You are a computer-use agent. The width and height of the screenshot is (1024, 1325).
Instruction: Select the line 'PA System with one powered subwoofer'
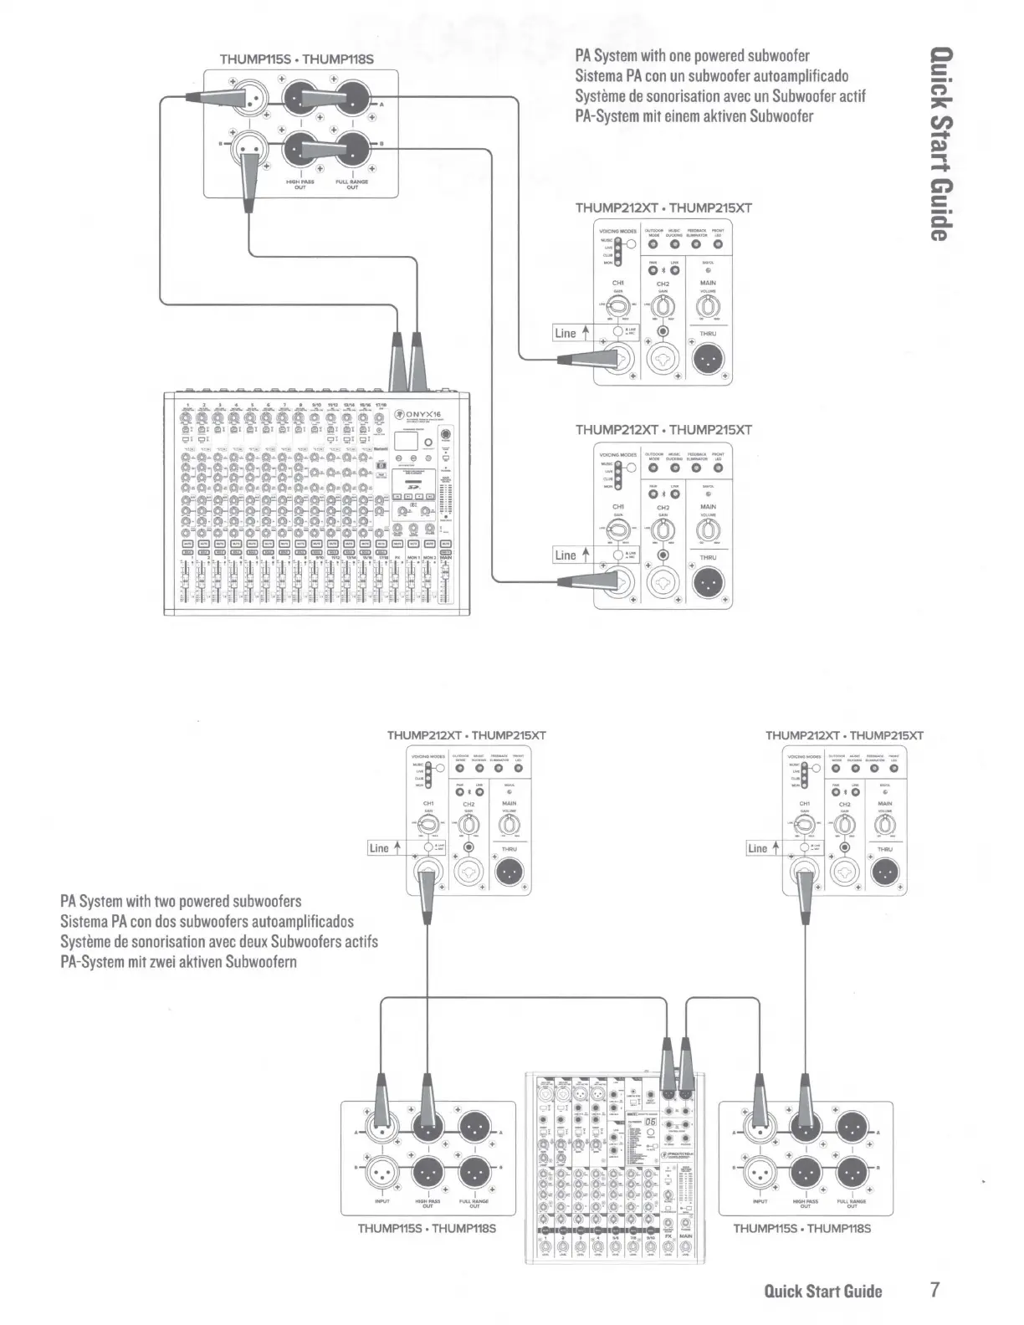(692, 56)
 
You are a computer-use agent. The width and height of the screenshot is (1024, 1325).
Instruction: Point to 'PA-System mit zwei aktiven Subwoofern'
(178, 961)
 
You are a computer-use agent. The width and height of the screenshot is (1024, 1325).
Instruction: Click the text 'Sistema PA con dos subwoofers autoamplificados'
(207, 921)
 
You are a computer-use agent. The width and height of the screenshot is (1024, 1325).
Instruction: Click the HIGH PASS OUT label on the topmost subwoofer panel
(300, 184)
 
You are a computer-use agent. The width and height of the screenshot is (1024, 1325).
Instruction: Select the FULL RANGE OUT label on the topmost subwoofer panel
(351, 184)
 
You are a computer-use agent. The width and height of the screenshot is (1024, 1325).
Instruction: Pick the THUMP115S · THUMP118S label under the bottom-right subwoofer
(801, 1228)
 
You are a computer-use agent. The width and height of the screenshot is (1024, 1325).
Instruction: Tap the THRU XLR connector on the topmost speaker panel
(709, 360)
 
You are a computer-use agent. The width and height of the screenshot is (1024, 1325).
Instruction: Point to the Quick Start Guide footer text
(823, 1291)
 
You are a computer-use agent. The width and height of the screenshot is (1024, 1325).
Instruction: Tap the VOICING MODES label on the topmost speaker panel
(617, 231)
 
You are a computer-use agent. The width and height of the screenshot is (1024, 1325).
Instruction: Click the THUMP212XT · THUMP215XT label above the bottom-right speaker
(844, 735)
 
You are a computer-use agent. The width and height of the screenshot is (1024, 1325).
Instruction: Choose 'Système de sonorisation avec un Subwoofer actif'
(719, 96)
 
